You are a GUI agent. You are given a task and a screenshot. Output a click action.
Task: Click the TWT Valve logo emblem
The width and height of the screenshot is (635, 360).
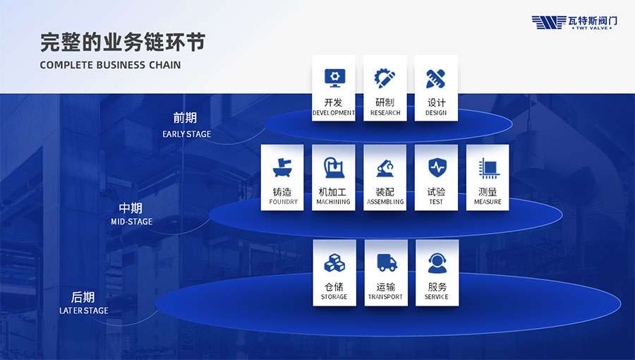[549, 23]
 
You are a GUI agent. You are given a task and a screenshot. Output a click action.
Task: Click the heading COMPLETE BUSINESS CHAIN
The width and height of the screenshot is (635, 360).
[110, 65]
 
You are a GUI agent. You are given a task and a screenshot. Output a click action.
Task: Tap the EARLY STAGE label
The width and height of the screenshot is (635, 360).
[187, 134]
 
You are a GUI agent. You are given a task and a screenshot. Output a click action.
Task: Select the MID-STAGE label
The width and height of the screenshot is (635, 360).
[132, 222]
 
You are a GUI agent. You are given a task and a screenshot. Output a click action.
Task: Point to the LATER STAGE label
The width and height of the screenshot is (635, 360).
[84, 311]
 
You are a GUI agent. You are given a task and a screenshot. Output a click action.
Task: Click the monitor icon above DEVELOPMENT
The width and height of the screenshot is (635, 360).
[334, 78]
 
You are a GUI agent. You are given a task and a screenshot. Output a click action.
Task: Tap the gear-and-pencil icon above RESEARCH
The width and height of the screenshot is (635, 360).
[385, 78]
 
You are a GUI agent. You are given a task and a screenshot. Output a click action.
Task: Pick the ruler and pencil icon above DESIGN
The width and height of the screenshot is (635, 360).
[436, 78]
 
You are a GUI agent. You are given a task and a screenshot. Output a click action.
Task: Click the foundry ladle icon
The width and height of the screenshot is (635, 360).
[282, 168]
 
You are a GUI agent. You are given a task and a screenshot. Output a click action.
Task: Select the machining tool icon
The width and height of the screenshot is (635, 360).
[334, 167]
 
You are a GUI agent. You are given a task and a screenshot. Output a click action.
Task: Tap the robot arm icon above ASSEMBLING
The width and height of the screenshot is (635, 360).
[385, 168]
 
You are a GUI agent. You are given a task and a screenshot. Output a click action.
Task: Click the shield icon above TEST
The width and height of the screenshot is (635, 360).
[437, 167]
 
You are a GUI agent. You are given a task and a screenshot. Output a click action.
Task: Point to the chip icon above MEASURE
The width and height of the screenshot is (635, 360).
[489, 168]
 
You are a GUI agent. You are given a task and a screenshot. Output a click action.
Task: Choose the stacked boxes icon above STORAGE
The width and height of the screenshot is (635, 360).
[334, 263]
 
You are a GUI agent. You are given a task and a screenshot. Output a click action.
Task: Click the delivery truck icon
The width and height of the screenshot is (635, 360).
[387, 263]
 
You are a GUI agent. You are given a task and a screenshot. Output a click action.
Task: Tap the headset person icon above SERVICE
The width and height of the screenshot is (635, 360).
[437, 263]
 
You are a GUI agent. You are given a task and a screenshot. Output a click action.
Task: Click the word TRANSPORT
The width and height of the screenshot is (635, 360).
[385, 297]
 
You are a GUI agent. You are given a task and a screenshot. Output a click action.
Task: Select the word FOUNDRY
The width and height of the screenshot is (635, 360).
[283, 202]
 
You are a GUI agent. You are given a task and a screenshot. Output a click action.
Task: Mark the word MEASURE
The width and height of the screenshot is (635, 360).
[488, 202]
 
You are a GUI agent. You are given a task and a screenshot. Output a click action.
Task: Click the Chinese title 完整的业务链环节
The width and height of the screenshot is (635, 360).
[123, 42]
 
